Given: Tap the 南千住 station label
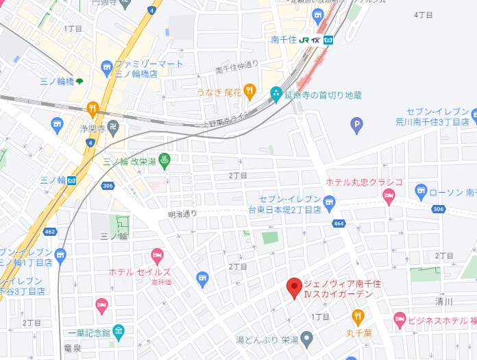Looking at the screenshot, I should pos(284,40).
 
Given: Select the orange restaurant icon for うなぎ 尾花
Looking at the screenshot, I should pos(249,91).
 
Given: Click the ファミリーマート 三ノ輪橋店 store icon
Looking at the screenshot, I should pos(106,67).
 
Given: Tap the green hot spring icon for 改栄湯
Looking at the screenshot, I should pos(164,161).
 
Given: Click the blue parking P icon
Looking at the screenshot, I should pos(356,125).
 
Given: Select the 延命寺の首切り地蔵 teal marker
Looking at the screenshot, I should pos(276,93).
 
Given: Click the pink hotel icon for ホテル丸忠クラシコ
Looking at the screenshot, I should pos(389,195).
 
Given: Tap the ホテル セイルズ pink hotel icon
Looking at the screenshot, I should pos(157,257).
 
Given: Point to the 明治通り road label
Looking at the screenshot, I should pos(182,214).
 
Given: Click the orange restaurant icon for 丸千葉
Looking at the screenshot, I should pos(358,317).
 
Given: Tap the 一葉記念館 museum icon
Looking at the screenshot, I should pos(119,333).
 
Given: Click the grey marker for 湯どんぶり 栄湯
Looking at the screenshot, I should pos(307,338).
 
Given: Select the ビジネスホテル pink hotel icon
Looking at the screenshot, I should pos(400,320).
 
